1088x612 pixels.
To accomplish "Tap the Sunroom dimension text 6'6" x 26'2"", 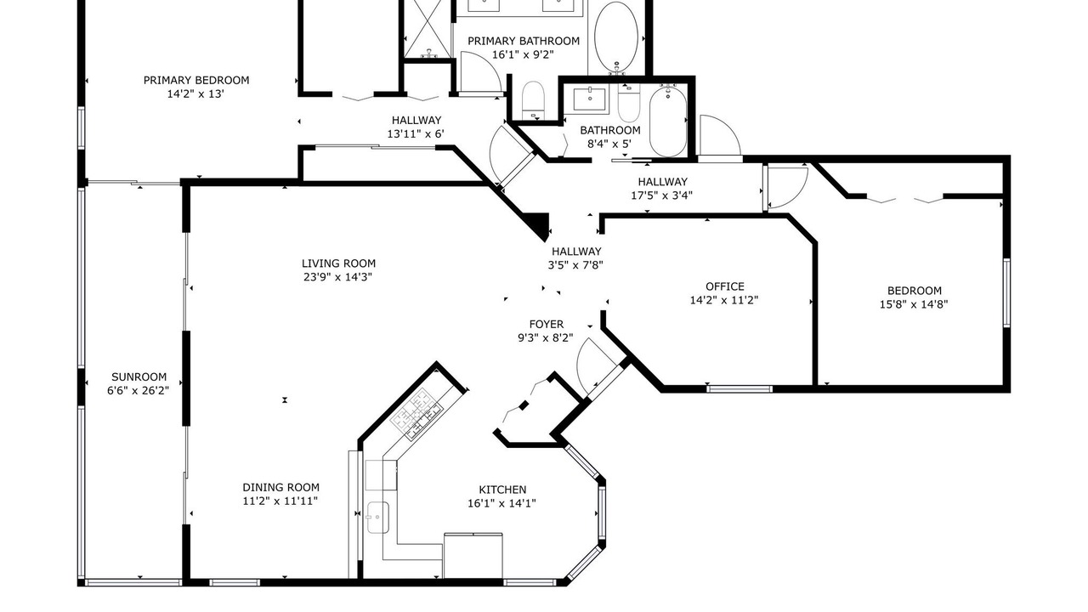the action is click(138, 390).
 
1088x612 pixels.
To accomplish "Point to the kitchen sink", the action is click(378, 518).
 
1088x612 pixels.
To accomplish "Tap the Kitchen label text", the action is click(502, 490).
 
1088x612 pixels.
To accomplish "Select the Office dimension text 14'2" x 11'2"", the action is click(724, 300).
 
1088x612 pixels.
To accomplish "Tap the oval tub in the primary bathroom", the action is click(616, 37).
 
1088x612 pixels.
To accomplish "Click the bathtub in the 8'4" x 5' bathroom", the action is click(668, 121).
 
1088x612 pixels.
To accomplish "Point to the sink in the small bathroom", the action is click(590, 100).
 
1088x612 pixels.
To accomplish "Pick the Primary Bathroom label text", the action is click(524, 41).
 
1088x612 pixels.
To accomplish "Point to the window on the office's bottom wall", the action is click(739, 388).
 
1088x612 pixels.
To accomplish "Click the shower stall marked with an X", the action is click(428, 29).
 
